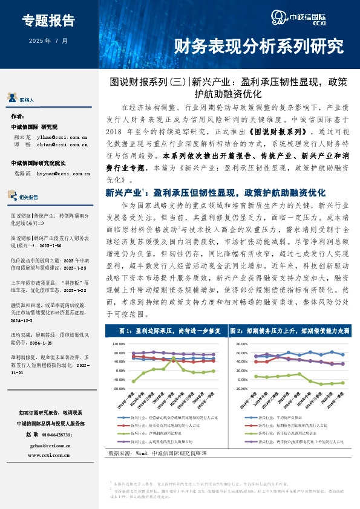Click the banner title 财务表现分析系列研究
pos(258,45)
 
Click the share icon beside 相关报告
pos(12,197)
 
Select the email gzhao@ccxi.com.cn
pos(50,444)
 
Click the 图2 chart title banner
pos(289,332)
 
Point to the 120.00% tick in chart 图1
pos(121,343)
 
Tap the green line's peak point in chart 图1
pos(174,358)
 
